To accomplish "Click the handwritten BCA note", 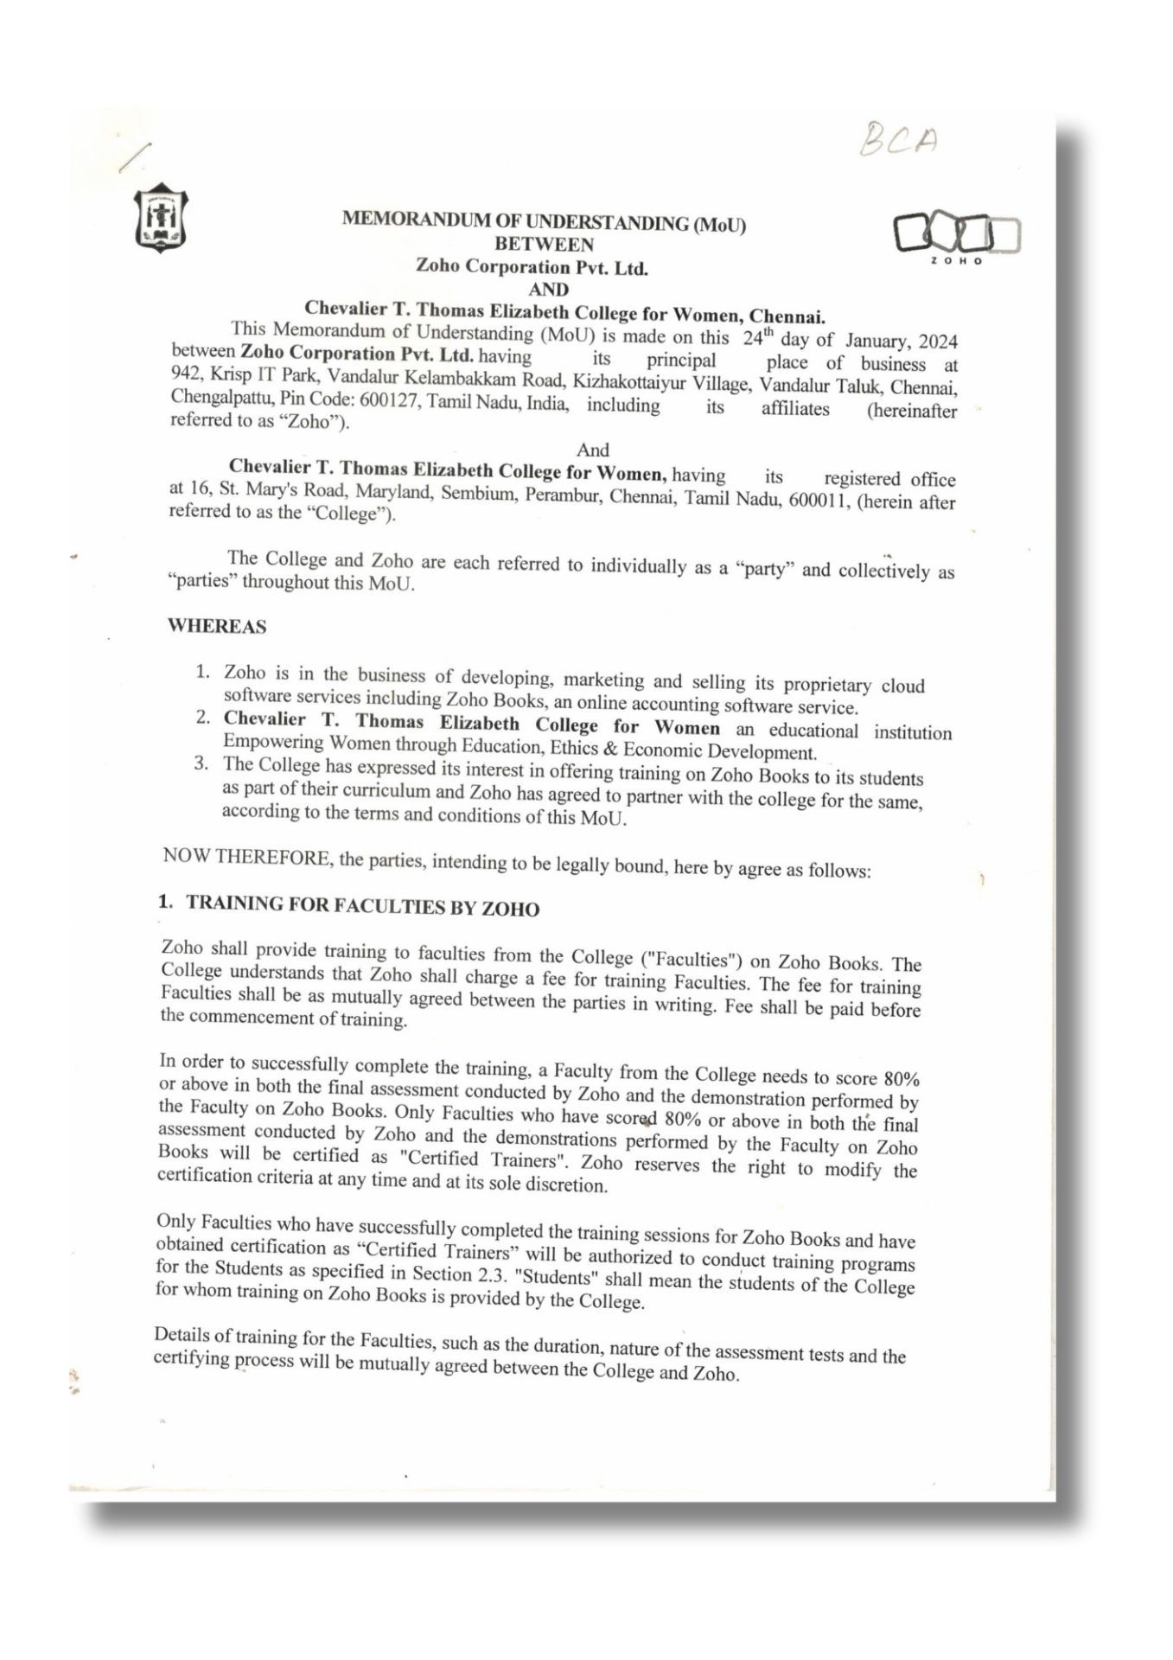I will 899,140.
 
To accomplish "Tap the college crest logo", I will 160,218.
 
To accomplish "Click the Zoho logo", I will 956,236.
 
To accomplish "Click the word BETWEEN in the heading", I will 544,245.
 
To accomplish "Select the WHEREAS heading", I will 217,626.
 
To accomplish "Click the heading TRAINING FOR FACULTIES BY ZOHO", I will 362,906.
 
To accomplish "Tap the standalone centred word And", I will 592,450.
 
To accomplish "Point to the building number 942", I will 185,373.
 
